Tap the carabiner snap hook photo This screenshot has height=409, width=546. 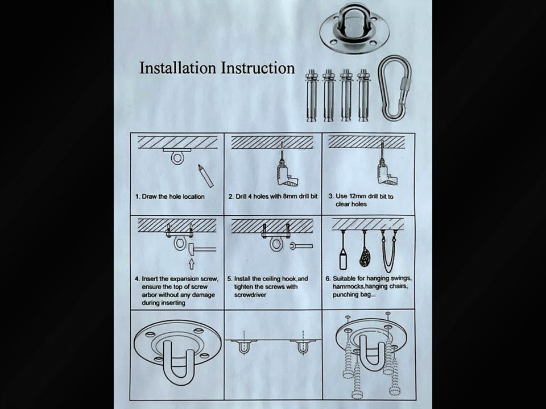coord(395,89)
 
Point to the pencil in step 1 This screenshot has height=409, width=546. coord(205,176)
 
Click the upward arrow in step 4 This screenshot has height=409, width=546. coord(191,263)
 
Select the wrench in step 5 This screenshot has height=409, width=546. coord(301,247)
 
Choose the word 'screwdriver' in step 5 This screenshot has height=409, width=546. coord(250,295)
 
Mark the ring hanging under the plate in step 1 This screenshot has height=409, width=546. coord(177,158)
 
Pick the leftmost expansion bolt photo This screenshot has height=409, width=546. coord(311,95)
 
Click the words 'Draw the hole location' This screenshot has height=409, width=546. coord(173,197)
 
